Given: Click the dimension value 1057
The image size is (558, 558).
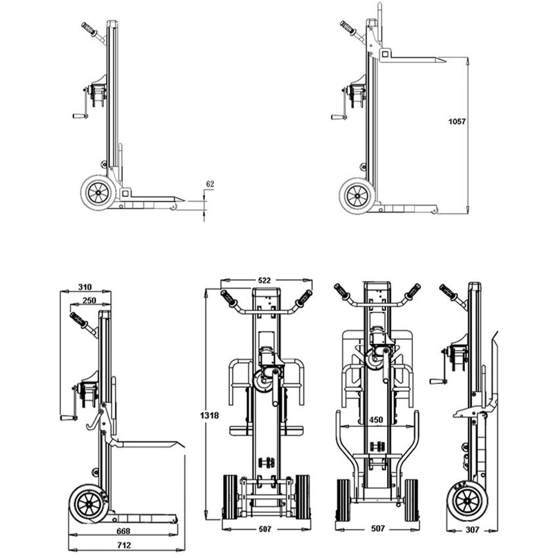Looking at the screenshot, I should point(456,121).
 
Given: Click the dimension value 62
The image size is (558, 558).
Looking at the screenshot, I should point(209,184).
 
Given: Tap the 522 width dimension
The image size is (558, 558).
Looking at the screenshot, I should point(264,280).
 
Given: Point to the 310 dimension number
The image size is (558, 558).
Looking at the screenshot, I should point(85,287).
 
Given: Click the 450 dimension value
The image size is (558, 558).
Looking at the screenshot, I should point(375,419).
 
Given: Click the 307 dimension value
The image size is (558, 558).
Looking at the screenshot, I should point(473,529).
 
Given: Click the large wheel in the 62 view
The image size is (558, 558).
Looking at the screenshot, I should point(99,192).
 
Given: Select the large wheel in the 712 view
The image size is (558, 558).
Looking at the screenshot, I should point(87,504).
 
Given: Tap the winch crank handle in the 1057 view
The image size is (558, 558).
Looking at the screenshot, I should point(339,118).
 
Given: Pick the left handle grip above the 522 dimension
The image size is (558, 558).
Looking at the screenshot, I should point(229,299).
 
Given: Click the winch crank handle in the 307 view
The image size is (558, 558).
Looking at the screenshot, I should point(437,381).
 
